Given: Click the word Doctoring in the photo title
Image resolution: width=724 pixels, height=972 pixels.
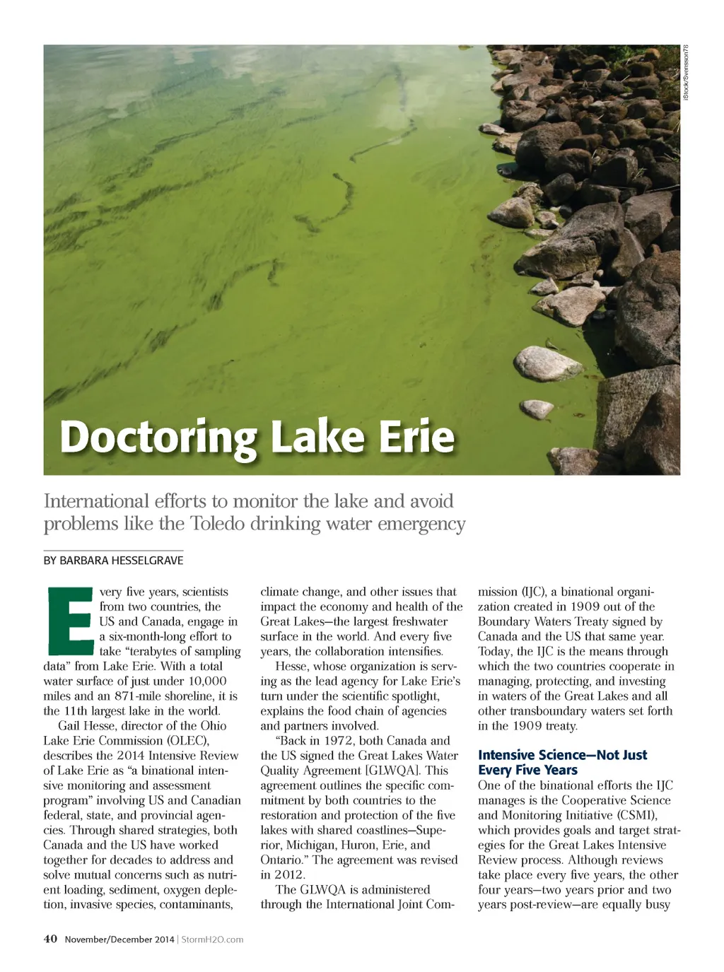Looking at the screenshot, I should pyautogui.click(x=160, y=438).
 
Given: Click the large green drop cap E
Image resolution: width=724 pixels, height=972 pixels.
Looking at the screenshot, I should pyautogui.click(x=69, y=620).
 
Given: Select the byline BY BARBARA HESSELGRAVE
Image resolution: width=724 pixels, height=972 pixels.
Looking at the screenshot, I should pyautogui.click(x=113, y=561).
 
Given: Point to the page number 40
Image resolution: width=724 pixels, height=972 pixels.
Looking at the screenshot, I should pyautogui.click(x=50, y=939).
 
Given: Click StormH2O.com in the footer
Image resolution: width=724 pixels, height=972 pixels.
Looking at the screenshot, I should pyautogui.click(x=212, y=939).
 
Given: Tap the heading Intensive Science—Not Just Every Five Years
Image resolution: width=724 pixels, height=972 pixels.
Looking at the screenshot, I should pyautogui.click(x=562, y=762).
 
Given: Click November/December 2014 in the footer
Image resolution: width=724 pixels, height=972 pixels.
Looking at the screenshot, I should pyautogui.click(x=119, y=939).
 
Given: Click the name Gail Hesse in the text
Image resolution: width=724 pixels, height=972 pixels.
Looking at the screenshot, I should pyautogui.click(x=88, y=725).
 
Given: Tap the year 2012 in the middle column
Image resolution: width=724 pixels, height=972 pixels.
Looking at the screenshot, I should pyautogui.click(x=289, y=874).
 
